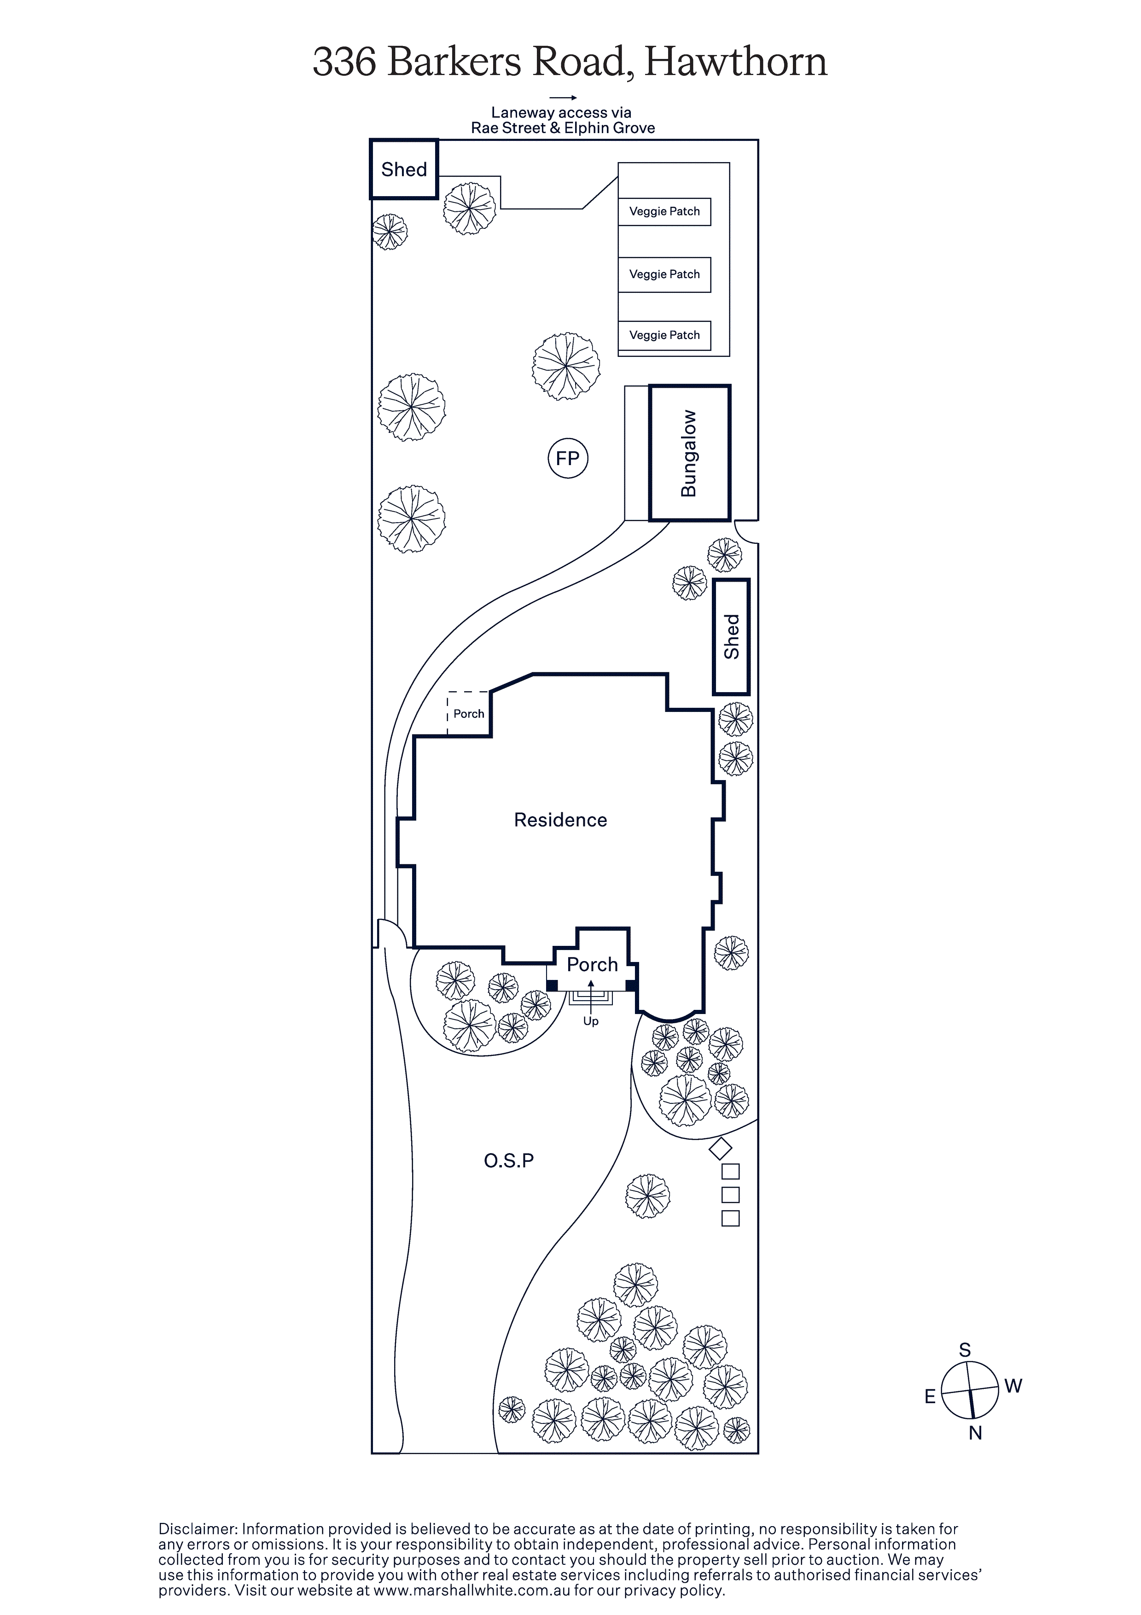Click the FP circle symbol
568,459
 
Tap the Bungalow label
689,454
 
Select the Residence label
561,820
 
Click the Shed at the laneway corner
404,169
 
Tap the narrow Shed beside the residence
732,636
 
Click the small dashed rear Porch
468,714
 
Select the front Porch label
592,964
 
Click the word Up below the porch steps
591,1021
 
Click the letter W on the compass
1013,1387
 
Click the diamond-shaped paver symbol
720,1149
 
